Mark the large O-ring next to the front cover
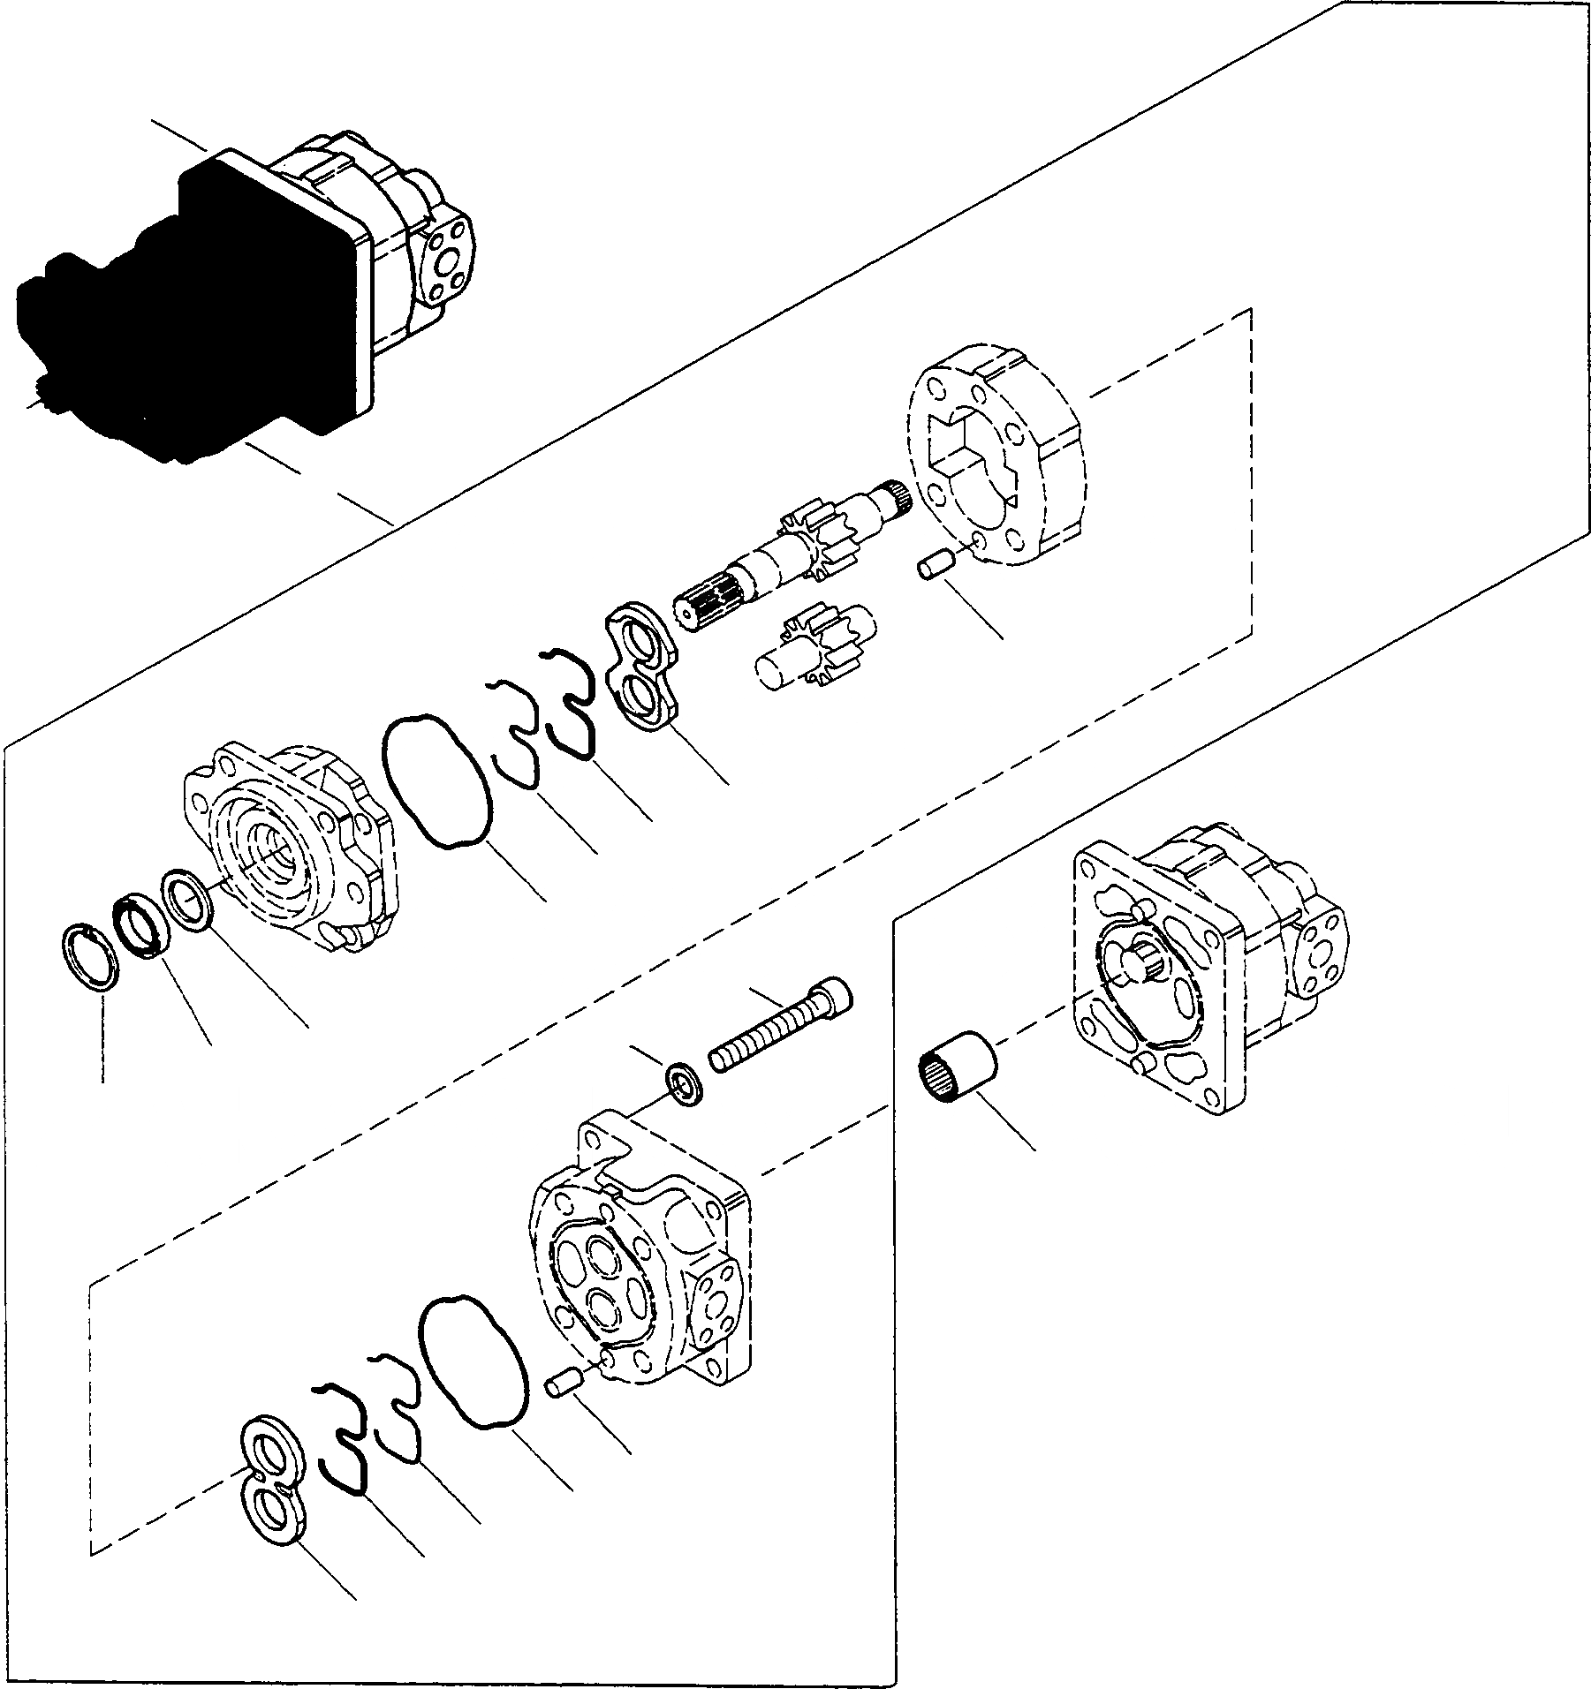(x=436, y=780)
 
